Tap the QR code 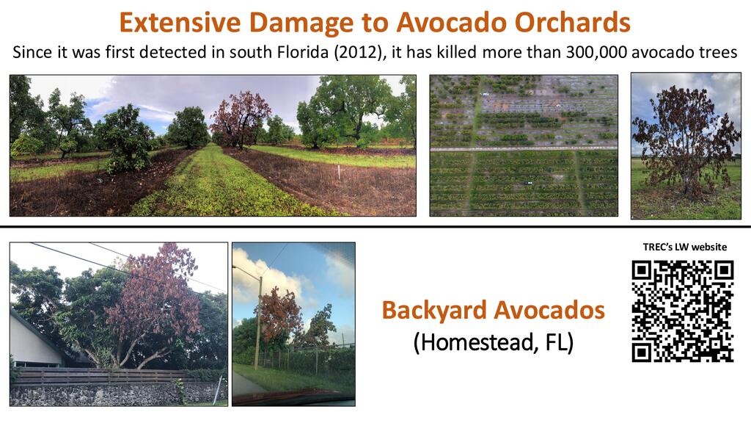click(x=683, y=311)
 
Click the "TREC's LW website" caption click(x=685, y=247)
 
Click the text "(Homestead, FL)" click(x=494, y=342)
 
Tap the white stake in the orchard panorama click(x=339, y=173)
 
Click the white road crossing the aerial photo click(x=524, y=149)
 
